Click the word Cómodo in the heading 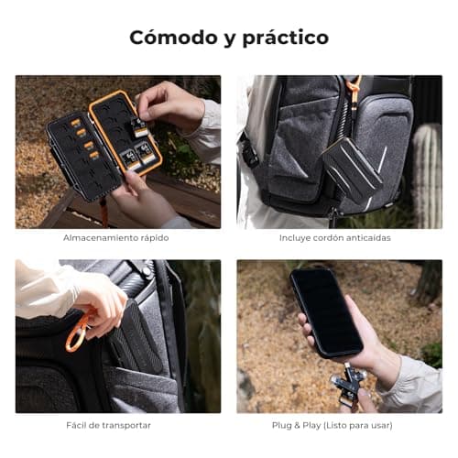click(x=173, y=38)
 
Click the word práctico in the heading click(x=286, y=38)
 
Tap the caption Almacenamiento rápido click(x=116, y=238)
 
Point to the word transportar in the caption click(x=126, y=425)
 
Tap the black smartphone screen click(x=327, y=312)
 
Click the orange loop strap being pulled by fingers click(x=76, y=333)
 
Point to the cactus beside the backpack click(x=427, y=175)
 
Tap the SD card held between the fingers click(x=139, y=127)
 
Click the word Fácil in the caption click(x=75, y=425)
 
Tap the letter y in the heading click(x=230, y=39)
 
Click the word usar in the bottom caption click(x=381, y=425)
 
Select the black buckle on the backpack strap click(x=249, y=154)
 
